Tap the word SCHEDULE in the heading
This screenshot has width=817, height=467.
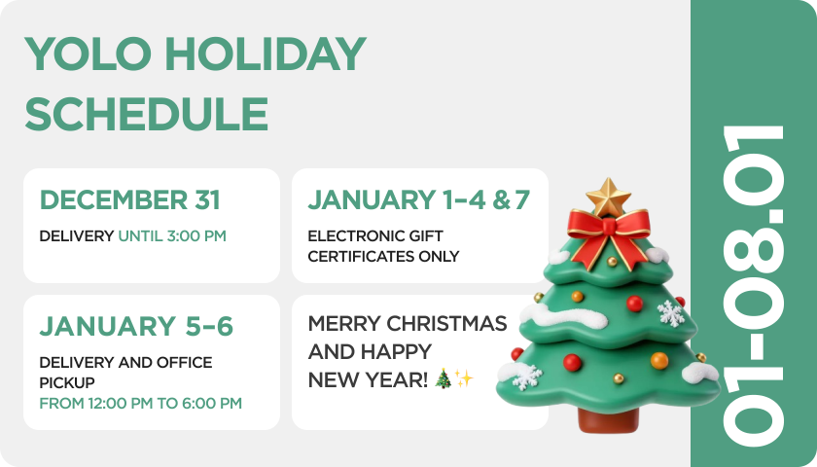pyautogui.click(x=147, y=114)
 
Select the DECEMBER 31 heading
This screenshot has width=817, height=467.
pyautogui.click(x=129, y=200)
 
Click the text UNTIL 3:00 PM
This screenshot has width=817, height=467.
pyautogui.click(x=172, y=236)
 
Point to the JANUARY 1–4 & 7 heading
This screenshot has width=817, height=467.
pyautogui.click(x=418, y=200)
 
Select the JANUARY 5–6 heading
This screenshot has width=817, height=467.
pyautogui.click(x=136, y=327)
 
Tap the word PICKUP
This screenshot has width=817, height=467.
pyautogui.click(x=67, y=382)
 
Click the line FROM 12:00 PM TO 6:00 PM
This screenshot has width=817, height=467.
pyautogui.click(x=141, y=404)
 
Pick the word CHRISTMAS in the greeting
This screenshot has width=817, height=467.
pyautogui.click(x=446, y=324)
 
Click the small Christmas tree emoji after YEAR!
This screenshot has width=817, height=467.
pyautogui.click(x=443, y=378)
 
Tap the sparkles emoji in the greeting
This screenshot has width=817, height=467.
pyautogui.click(x=463, y=378)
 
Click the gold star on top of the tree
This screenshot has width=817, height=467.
pyautogui.click(x=608, y=197)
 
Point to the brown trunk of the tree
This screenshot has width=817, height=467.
pyautogui.click(x=608, y=420)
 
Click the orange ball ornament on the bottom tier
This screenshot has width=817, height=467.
pyautogui.click(x=659, y=360)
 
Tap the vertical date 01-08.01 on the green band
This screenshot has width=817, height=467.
pyautogui.click(x=754, y=285)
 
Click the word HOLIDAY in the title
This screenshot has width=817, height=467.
pyautogui.click(x=266, y=54)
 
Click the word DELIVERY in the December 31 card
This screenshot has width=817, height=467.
pyautogui.click(x=77, y=236)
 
